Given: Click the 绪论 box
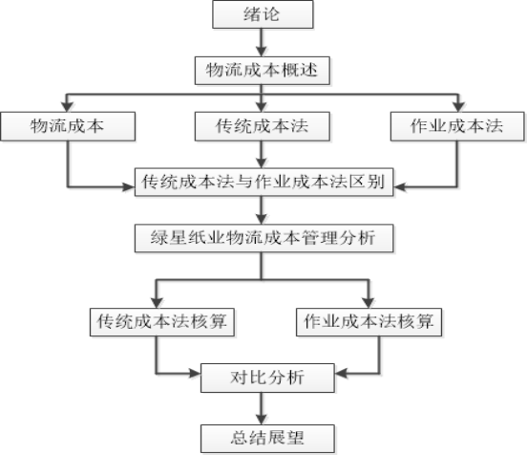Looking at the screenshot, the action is (x=263, y=14).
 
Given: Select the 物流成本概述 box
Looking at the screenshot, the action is (x=263, y=71).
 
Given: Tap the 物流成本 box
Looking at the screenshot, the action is (x=68, y=126).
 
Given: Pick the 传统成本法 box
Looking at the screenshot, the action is (x=263, y=126).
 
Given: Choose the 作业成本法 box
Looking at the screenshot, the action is (x=457, y=126).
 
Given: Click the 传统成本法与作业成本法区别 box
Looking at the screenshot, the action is (x=263, y=182).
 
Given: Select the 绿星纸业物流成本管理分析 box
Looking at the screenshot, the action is (x=263, y=238).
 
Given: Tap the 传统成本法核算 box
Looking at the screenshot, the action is (x=162, y=322).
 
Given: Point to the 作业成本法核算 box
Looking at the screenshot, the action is (x=369, y=322).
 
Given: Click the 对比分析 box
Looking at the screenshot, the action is (x=267, y=378).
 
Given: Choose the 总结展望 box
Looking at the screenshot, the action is (x=267, y=439).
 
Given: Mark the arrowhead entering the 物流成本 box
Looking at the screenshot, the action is (x=67, y=107).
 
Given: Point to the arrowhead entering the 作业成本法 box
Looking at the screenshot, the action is (x=458, y=107).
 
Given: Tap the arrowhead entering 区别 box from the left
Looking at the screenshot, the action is (x=130, y=186).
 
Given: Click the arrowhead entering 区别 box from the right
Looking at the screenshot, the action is (x=399, y=186).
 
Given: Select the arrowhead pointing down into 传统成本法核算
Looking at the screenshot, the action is (x=157, y=303).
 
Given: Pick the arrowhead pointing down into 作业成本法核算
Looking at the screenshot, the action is (x=369, y=303).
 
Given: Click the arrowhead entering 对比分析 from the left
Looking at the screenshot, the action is (x=196, y=373).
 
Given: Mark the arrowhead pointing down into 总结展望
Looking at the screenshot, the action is (x=262, y=420).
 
